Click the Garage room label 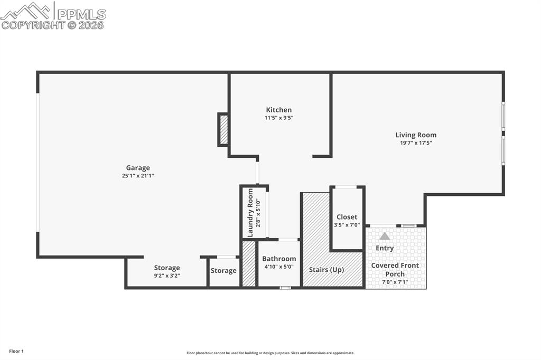[138, 168]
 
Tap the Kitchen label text [279, 110]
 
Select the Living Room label [416, 135]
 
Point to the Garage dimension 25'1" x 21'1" [138, 176]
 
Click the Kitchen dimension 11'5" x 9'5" [279, 118]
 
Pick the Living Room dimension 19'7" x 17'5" [416, 143]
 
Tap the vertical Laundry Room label [250, 212]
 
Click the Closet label [347, 217]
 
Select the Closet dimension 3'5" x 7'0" [347, 225]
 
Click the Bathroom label [279, 259]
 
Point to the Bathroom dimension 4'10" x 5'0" [279, 267]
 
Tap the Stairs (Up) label [327, 270]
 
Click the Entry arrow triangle [385, 236]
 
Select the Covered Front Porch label [395, 269]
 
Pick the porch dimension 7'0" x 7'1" [395, 282]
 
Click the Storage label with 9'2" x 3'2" [167, 268]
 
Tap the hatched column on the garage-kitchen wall [223, 129]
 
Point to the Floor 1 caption [16, 351]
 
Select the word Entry [385, 248]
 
